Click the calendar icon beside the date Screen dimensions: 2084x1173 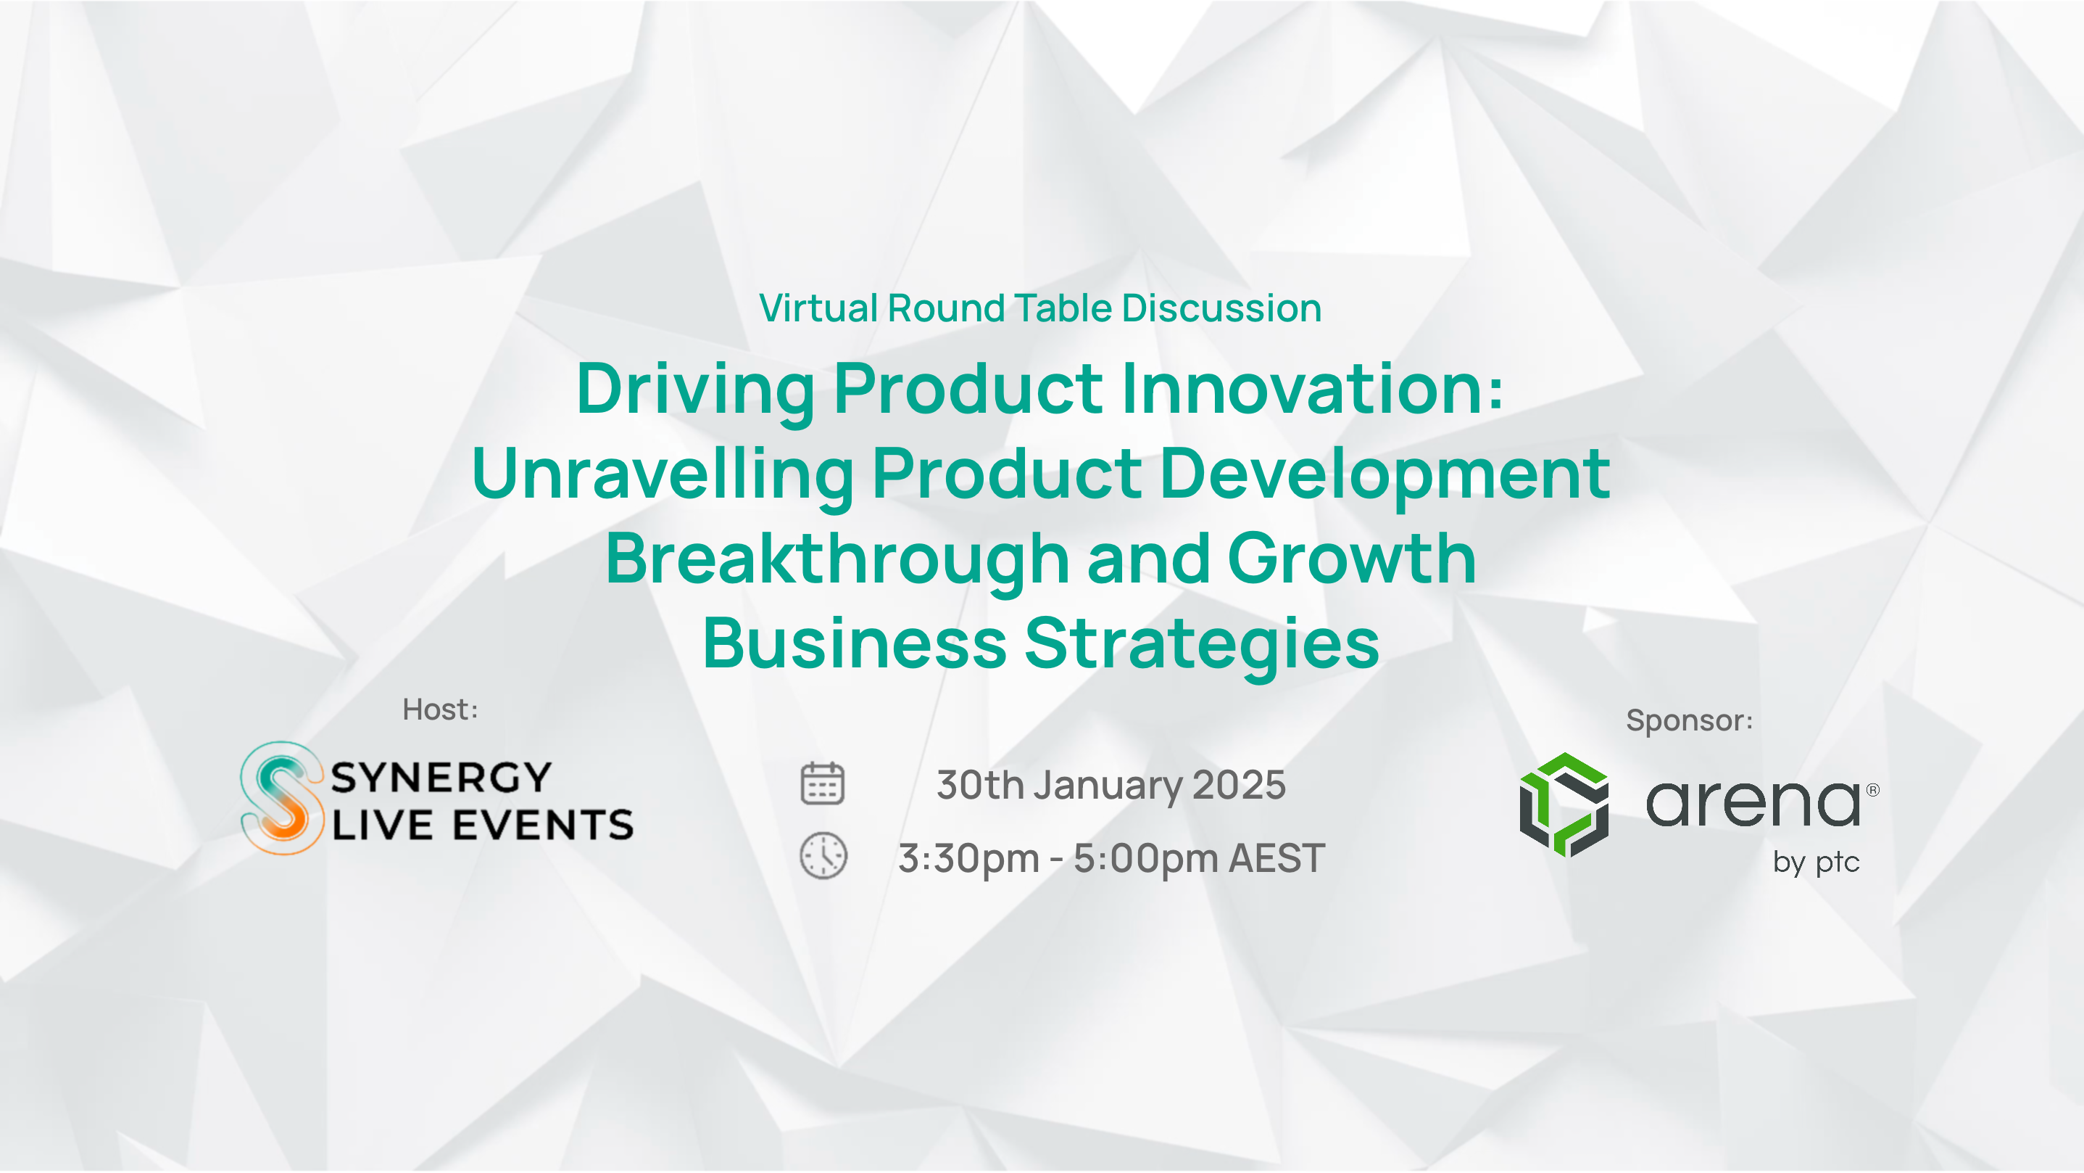822,783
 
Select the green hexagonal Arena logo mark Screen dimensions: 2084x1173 1564,804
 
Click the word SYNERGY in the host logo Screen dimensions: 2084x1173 441,778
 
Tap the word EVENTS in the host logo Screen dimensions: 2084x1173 543,825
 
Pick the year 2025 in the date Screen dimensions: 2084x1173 1240,784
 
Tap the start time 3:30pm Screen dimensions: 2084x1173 968,858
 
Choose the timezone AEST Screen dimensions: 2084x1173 1276,858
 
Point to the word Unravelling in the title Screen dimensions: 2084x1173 663,475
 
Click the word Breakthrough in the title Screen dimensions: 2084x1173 838,560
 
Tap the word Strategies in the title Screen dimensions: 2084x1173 1202,645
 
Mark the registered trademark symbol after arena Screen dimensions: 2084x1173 1873,789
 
